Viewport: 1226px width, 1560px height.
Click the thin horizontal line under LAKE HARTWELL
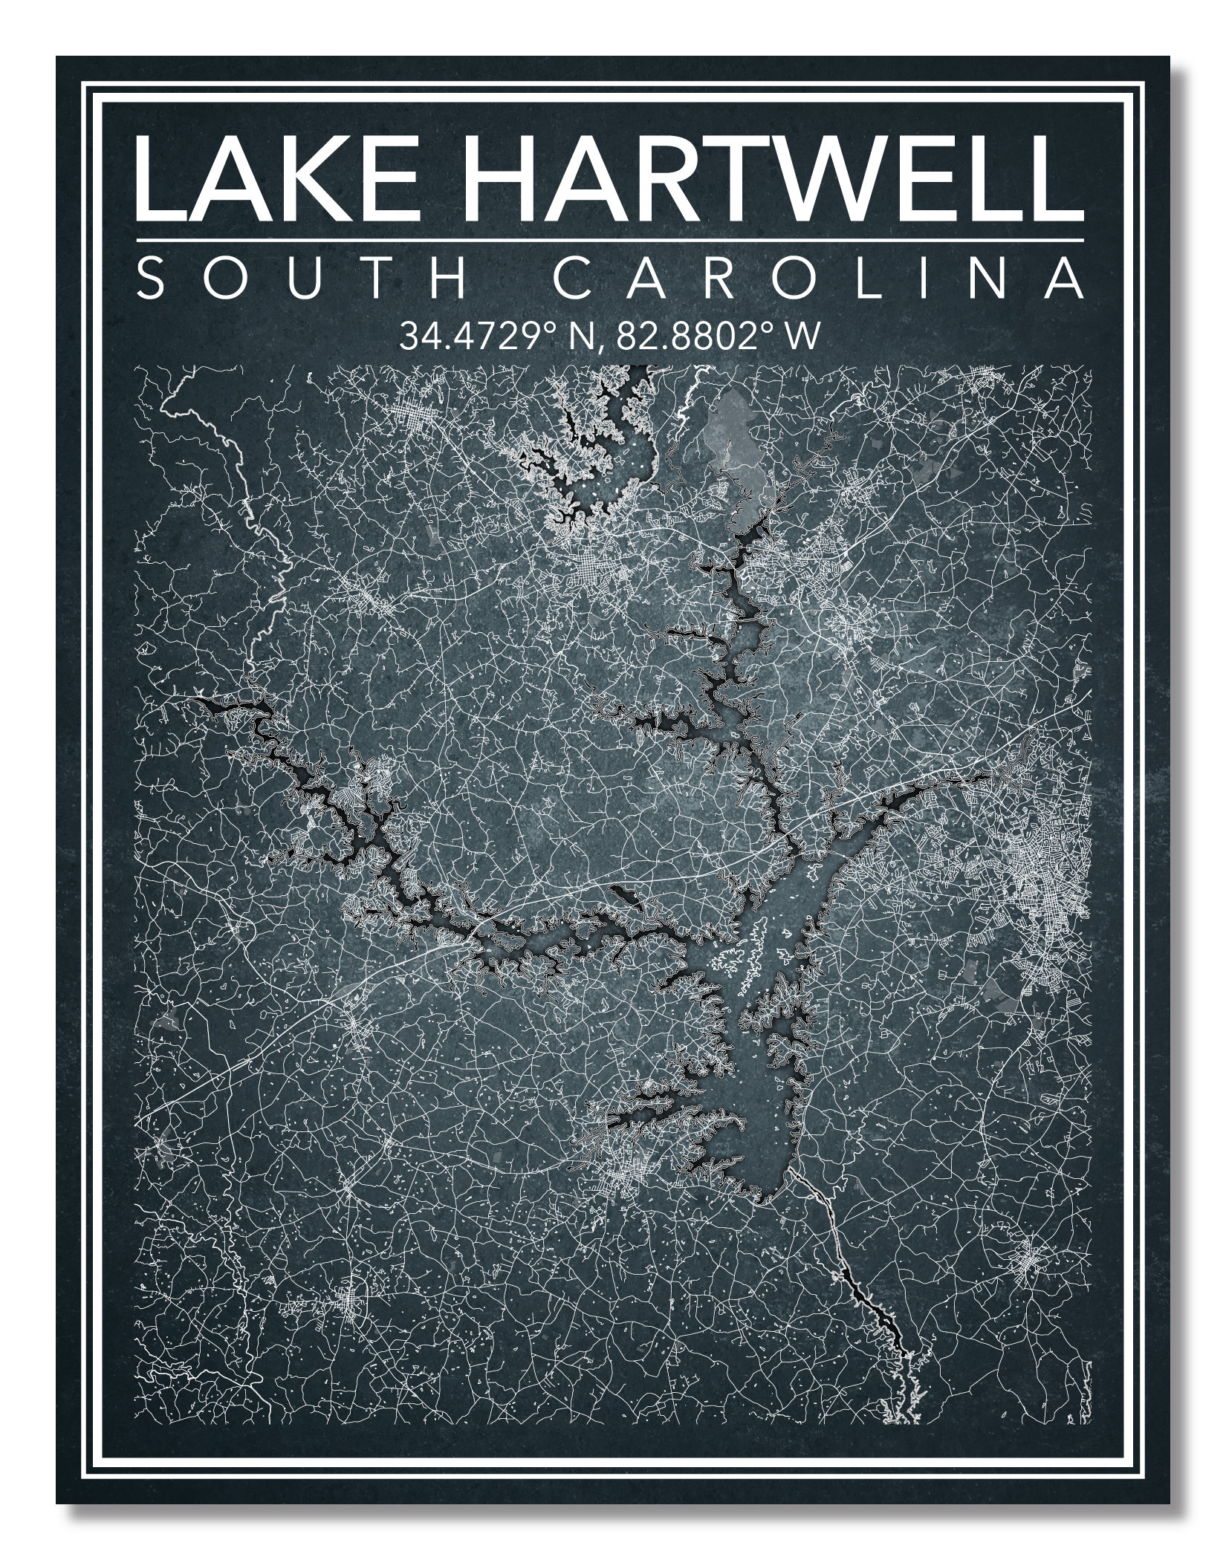(x=609, y=240)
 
